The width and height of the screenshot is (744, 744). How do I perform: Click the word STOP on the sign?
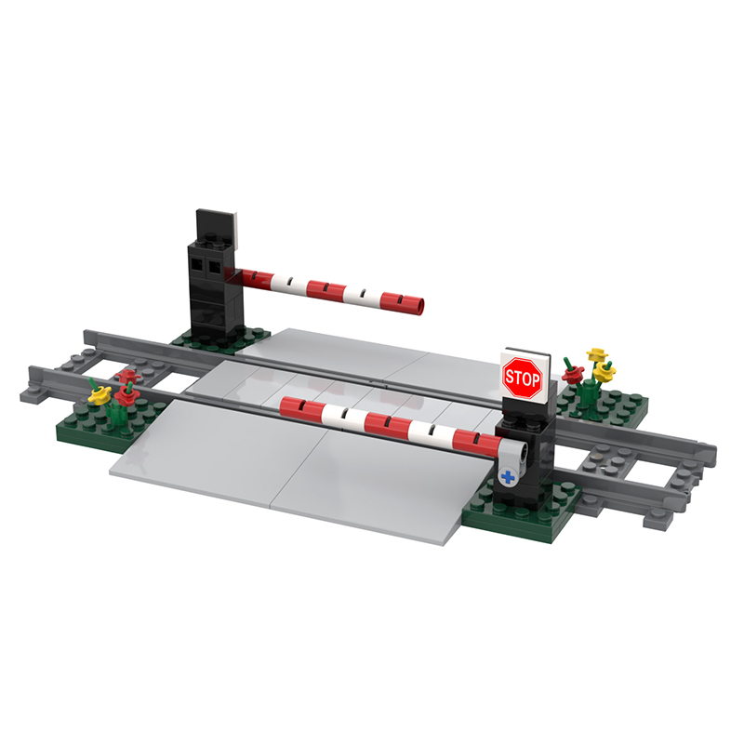click(523, 379)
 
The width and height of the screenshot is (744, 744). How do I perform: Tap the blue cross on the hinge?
click(508, 477)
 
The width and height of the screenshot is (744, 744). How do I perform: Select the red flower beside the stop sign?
click(573, 374)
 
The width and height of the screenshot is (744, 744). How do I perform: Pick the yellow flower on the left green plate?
click(100, 395)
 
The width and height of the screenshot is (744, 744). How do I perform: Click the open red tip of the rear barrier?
click(419, 306)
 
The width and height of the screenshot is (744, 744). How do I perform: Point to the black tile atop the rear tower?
click(216, 229)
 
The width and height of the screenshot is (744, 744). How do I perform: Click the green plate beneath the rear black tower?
click(221, 338)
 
